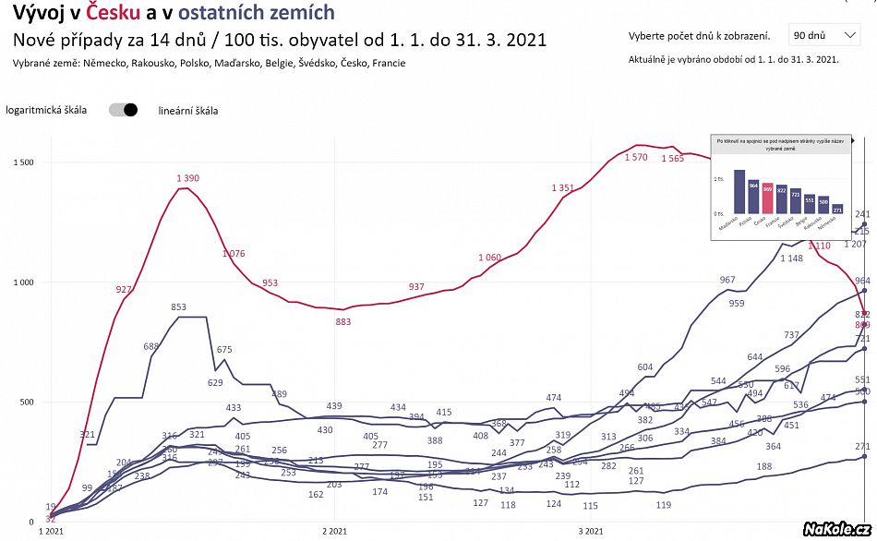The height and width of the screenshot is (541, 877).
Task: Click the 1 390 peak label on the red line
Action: click(186, 178)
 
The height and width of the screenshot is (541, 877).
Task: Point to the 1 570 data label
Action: click(636, 157)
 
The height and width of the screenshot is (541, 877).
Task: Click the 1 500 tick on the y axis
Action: click(24, 162)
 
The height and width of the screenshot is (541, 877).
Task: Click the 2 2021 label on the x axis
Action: click(334, 532)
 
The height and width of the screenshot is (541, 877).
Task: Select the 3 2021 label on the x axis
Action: click(591, 532)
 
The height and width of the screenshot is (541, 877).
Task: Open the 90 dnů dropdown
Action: click(824, 36)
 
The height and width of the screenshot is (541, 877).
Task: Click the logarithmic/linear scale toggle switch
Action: click(123, 110)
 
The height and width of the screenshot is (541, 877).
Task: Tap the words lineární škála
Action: click(188, 111)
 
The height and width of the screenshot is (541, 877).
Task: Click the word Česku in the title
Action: click(114, 13)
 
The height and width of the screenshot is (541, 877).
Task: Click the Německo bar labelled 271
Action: click(838, 209)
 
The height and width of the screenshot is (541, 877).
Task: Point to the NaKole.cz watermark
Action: click(837, 528)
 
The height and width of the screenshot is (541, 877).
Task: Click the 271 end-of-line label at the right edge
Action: click(863, 445)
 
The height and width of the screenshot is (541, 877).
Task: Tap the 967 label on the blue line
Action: click(727, 280)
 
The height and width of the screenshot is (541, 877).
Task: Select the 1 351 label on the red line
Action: click(562, 188)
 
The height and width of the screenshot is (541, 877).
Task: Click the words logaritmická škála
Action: click(46, 110)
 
